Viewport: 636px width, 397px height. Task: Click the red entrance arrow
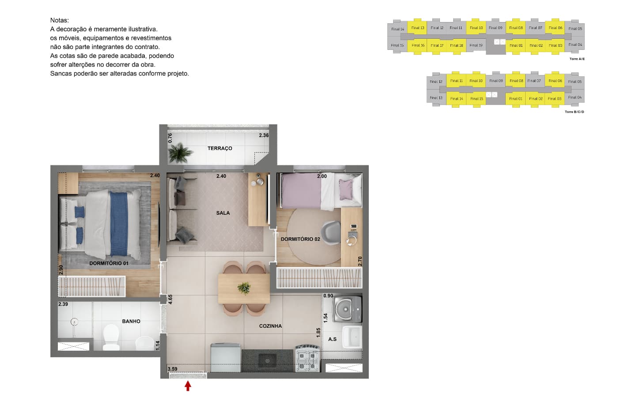[188, 386]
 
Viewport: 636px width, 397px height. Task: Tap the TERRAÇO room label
[220, 148]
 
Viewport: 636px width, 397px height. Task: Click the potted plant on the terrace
[179, 153]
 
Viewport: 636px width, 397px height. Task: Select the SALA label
[223, 213]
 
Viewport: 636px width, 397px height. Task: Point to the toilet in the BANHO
[111, 337]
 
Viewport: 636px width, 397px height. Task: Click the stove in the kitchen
[307, 359]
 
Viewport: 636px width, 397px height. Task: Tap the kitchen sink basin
[267, 360]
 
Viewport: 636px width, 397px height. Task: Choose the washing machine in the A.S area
[347, 309]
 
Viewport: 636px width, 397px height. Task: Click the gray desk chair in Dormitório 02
[331, 232]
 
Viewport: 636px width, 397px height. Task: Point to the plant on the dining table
[244, 288]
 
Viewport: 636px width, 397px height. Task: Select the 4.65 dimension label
[170, 300]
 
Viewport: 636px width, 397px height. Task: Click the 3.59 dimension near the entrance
[172, 369]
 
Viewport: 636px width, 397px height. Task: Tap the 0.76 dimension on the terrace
[170, 138]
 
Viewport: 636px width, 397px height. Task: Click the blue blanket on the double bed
[119, 224]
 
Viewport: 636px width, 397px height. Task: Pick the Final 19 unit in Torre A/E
[476, 45]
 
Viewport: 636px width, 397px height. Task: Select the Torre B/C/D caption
[574, 112]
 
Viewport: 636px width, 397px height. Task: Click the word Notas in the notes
[59, 20]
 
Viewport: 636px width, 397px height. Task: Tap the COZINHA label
[270, 326]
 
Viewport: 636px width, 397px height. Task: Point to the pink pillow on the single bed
[346, 189]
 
